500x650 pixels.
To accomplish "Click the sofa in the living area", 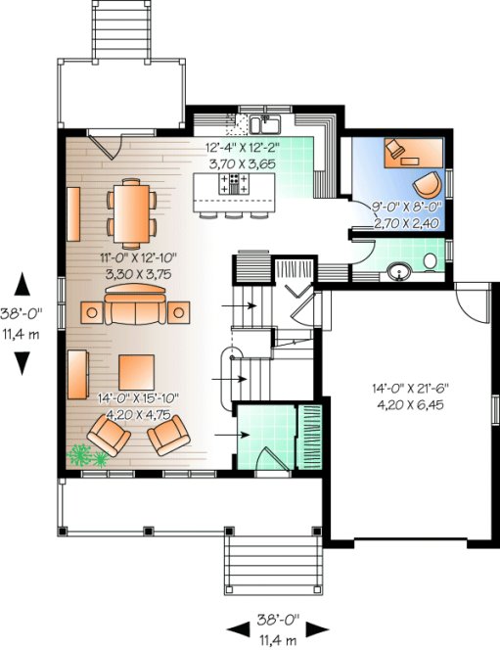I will click(133, 311).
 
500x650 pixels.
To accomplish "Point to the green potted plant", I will click(81, 455).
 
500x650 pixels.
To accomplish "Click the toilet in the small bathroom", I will click(432, 261).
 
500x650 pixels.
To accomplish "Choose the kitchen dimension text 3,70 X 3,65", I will click(241, 165).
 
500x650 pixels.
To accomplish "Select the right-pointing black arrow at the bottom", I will click(320, 628).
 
